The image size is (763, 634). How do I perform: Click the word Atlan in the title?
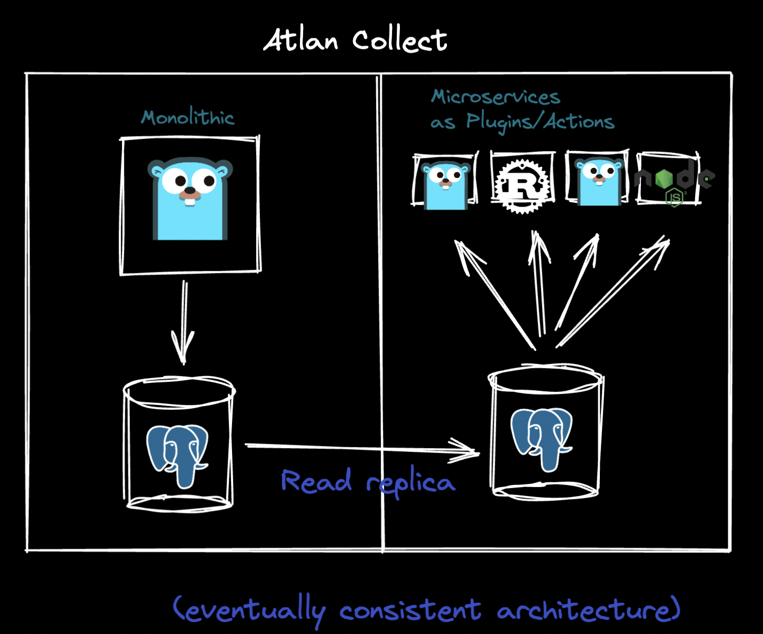click(300, 41)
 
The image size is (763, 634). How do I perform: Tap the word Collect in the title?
click(399, 41)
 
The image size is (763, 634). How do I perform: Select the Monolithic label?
click(188, 117)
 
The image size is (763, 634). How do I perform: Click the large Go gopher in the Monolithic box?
click(190, 199)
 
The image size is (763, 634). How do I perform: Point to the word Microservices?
click(495, 97)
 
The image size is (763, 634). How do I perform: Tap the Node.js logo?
click(675, 182)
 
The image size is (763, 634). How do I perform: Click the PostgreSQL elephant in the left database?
click(177, 454)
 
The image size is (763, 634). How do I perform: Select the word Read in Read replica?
click(316, 481)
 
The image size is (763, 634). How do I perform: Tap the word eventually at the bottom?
click(250, 610)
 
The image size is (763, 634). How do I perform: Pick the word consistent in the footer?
click(410, 610)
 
